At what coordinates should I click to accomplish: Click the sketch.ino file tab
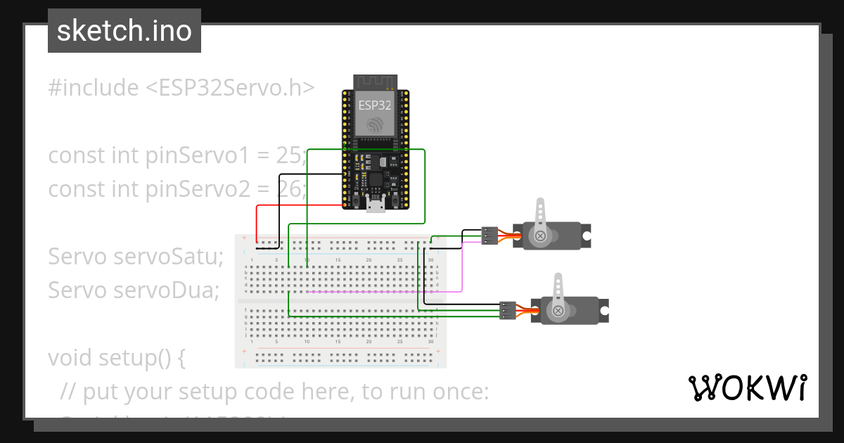point(124,31)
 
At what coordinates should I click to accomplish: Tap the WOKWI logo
point(746,387)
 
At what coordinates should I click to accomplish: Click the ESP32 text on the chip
point(375,105)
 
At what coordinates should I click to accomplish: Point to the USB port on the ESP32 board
point(375,204)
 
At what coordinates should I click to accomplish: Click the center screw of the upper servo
point(540,236)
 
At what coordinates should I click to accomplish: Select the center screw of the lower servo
point(558,310)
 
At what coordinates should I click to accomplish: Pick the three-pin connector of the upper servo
point(490,236)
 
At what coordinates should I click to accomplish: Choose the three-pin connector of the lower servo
point(507,310)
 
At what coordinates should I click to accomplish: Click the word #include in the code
point(94,88)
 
